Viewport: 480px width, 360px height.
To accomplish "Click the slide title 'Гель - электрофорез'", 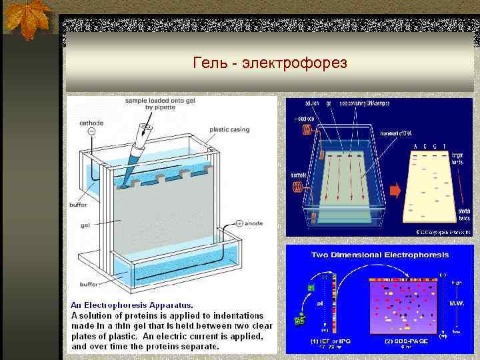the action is click(x=269, y=63).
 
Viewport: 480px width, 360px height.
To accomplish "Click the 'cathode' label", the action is click(x=91, y=123).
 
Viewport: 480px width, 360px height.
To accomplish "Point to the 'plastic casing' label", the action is click(x=228, y=130).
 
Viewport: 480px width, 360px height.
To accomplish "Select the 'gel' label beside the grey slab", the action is click(x=84, y=225).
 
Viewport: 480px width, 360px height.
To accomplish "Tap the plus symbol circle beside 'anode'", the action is click(x=238, y=223).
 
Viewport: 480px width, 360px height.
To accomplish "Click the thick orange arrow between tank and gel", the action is click(x=395, y=191).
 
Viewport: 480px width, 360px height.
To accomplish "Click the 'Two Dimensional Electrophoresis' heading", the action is click(x=379, y=255).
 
